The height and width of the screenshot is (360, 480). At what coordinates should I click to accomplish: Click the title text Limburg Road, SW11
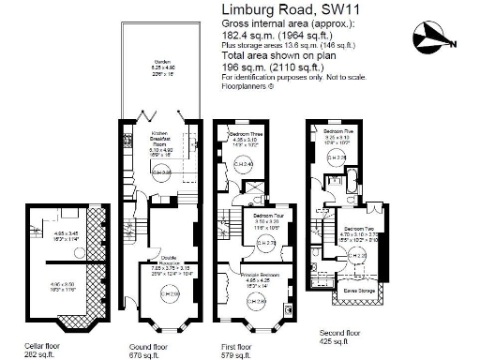tap(288, 10)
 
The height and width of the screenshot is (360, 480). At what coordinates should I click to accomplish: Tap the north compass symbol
tap(432, 38)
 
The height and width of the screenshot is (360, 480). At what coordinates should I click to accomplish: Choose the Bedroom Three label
tap(246, 136)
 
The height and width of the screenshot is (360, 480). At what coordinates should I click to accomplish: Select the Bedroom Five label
tap(338, 130)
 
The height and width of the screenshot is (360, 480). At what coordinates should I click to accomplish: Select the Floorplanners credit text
tap(247, 84)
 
